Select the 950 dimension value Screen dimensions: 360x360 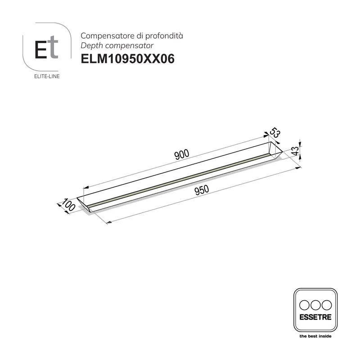point(202,191)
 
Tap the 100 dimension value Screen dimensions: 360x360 point(67,205)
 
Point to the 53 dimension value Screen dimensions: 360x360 point(275,133)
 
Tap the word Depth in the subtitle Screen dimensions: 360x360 point(90,46)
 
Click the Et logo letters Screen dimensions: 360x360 point(47,50)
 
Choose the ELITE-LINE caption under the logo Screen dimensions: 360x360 point(47,76)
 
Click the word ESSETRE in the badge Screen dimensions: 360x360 point(315,317)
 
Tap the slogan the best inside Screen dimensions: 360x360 point(315,336)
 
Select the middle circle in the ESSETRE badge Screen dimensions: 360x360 point(315,304)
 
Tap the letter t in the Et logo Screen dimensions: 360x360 point(53,50)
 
